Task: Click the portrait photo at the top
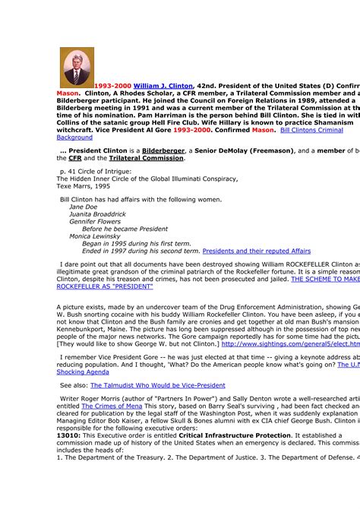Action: tap(77, 67)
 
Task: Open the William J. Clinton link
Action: tap(163, 86)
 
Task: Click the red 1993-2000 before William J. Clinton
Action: tap(112, 86)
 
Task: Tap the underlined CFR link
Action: tap(75, 158)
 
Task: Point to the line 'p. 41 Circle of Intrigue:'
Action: tap(94, 172)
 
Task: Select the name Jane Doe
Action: tap(83, 207)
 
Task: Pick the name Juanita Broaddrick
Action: tap(97, 214)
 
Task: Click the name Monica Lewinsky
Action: tap(96, 236)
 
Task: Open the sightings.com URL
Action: tap(289, 343)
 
